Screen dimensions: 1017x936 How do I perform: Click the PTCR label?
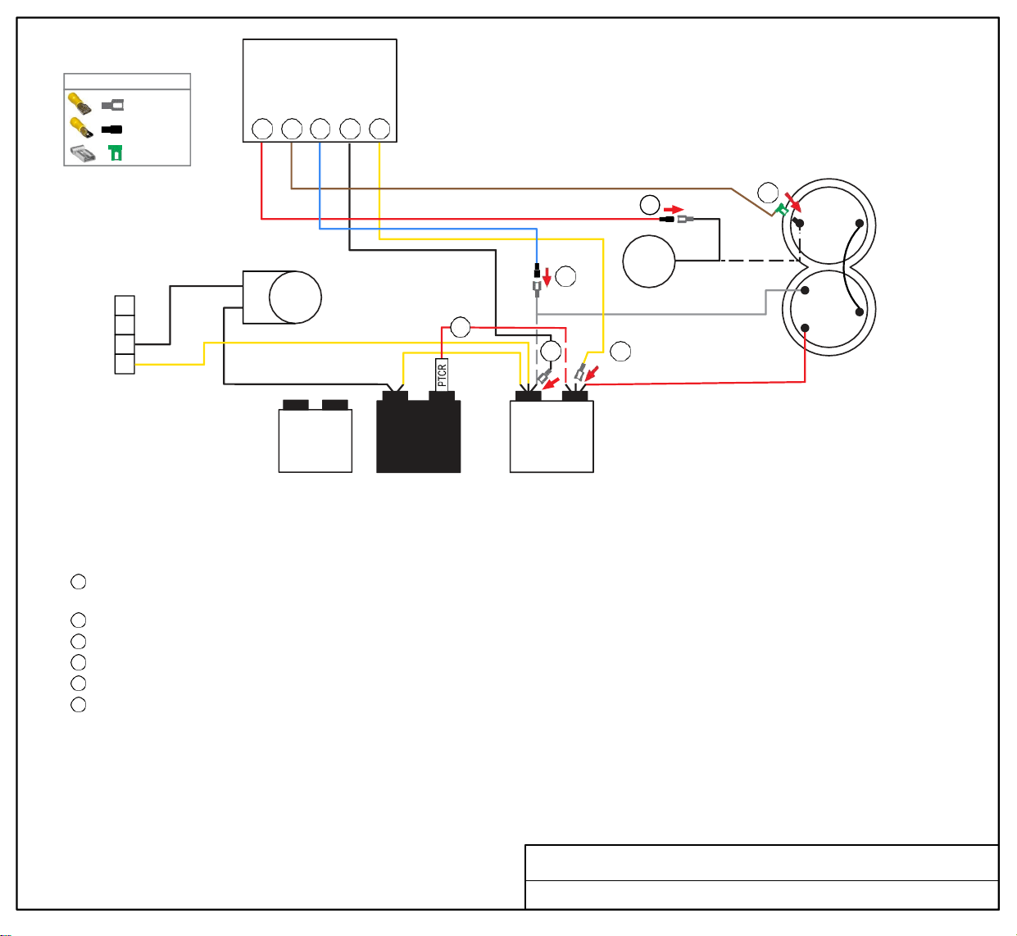tap(442, 375)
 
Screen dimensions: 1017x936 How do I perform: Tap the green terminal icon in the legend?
tap(116, 152)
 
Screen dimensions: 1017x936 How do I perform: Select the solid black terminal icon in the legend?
tap(111, 129)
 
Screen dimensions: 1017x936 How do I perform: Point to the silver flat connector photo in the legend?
tap(83, 153)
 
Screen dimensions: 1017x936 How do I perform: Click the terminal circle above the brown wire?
tap(292, 129)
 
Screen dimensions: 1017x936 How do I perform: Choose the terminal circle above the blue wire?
tap(320, 129)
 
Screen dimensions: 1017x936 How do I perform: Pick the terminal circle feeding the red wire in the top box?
tap(262, 129)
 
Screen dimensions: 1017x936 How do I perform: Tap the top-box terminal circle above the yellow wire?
tap(379, 129)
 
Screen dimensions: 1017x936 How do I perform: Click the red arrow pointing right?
tap(674, 209)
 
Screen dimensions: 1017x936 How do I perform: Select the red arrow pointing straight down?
tap(547, 277)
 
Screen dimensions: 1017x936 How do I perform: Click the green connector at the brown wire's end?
tap(782, 209)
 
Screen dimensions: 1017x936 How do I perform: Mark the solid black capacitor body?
tap(418, 432)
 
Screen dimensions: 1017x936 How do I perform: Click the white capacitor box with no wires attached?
tap(315, 437)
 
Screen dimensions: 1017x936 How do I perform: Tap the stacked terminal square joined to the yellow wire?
tap(125, 364)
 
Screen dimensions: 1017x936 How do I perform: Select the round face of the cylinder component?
tap(295, 298)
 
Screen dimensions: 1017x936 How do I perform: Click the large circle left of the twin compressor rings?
tap(648, 261)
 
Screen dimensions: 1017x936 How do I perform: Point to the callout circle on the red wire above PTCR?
tap(460, 327)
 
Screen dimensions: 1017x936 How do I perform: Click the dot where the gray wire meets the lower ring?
tap(805, 290)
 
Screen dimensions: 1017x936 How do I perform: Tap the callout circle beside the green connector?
tap(768, 193)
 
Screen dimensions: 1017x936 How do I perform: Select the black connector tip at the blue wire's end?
tap(537, 270)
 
